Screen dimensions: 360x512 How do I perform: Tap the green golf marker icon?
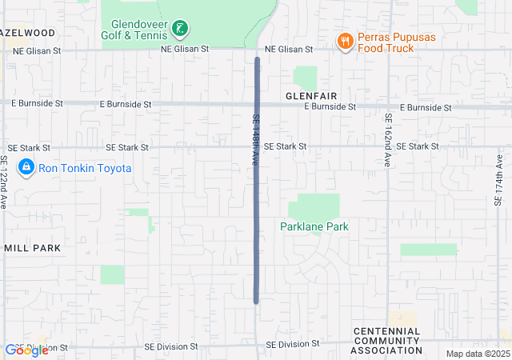[x=183, y=30]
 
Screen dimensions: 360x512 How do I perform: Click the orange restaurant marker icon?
[x=345, y=42]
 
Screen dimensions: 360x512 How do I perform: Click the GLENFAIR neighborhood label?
[x=310, y=95]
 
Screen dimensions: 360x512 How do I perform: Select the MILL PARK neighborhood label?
[x=32, y=248]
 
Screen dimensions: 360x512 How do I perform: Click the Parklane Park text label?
[x=314, y=226]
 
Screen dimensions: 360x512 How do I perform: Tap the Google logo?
[x=26, y=350]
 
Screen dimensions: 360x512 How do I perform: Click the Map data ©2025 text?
[x=477, y=354]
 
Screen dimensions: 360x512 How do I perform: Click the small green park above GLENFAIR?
[x=305, y=78]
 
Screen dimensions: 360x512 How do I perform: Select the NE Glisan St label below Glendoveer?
[x=184, y=49]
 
